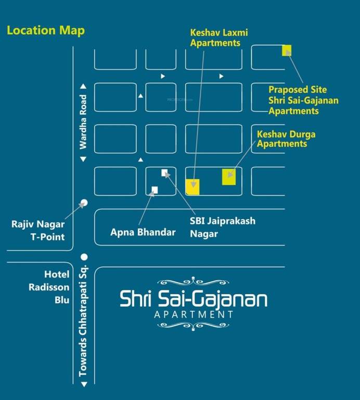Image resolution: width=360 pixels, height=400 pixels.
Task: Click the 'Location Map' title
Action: pos(46,30)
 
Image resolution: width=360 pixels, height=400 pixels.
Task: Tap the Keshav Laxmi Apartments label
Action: pos(218,37)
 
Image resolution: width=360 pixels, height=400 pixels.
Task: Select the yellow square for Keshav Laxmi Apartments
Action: pos(192,186)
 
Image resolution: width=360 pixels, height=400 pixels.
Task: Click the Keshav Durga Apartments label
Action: pos(286,139)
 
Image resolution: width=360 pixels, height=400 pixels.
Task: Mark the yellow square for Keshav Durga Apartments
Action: pos(229,177)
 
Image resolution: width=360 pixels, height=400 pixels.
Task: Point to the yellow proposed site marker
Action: pos(287,50)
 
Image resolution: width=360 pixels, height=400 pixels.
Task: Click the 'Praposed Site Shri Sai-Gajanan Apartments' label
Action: pos(303,101)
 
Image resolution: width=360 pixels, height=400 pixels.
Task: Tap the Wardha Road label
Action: pos(83,121)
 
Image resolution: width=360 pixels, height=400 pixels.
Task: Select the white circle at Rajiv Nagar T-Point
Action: pos(84,202)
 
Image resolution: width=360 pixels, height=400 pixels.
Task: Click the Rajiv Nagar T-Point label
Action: pos(38,231)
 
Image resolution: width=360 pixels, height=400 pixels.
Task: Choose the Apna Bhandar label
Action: pos(143,232)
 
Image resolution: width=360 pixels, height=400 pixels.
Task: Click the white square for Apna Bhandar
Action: pos(155,190)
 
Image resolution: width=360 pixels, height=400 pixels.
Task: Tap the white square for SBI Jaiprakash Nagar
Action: pos(164,172)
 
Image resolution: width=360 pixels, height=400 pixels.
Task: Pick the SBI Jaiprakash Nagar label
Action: pos(222,227)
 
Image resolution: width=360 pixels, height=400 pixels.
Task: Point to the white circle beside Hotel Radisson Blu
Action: pos(84,256)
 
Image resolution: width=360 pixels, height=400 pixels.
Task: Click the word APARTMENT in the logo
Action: pos(194,315)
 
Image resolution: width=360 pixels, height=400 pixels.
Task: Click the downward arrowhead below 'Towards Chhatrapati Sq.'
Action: pos(83,385)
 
